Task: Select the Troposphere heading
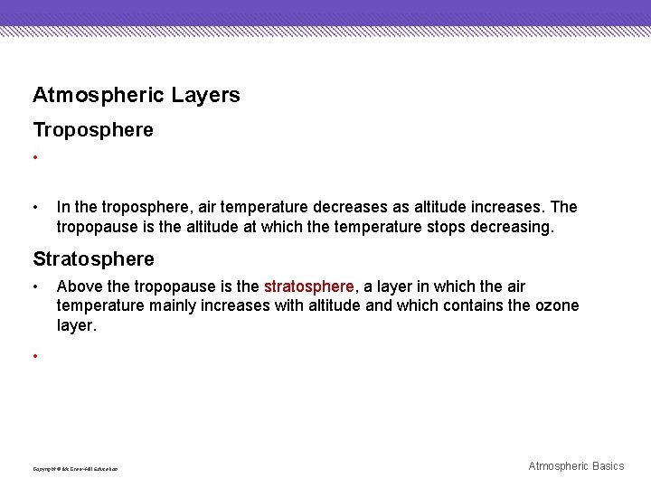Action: click(x=93, y=130)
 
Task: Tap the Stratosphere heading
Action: click(x=93, y=259)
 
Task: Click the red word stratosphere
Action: click(x=309, y=286)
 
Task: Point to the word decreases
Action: click(x=329, y=207)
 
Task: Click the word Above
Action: click(x=78, y=286)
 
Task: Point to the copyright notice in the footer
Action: click(x=75, y=469)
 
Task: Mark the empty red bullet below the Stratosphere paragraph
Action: click(x=35, y=356)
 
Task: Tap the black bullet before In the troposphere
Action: click(x=35, y=207)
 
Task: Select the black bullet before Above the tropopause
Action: click(x=35, y=286)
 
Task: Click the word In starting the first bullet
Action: click(x=62, y=207)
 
